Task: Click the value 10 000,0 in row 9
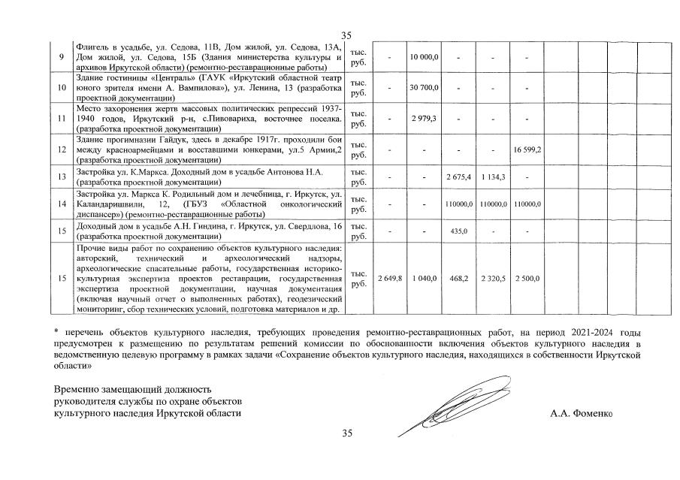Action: coord(425,57)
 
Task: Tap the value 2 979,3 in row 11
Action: coord(425,119)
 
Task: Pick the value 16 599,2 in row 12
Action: coord(527,150)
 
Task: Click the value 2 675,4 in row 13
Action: coord(458,177)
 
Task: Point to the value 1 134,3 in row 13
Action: coord(493,177)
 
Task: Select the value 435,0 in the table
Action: coord(458,231)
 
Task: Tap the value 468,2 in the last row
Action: coord(458,279)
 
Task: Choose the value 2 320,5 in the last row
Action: coord(493,279)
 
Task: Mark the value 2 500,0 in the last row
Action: coord(527,279)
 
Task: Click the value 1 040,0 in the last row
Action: coord(425,279)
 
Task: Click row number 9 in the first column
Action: coord(62,57)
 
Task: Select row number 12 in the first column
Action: coord(62,150)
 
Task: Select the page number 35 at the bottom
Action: coord(346,433)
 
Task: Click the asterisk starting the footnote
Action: coord(56,331)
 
